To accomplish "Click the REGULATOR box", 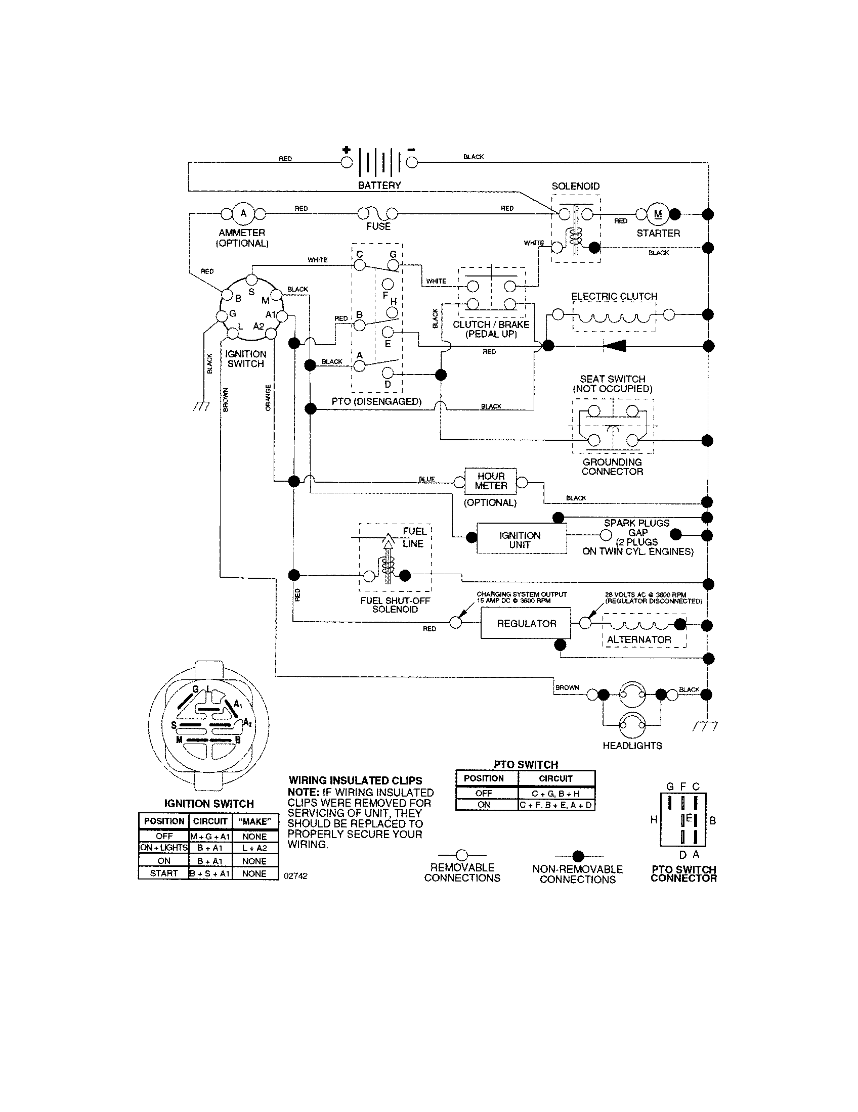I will [526, 623].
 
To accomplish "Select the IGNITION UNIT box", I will [521, 540].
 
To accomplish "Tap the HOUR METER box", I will [491, 481].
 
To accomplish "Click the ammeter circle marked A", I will [243, 213].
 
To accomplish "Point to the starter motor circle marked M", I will [658, 214].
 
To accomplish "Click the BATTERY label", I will [379, 186].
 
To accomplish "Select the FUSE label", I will [378, 226].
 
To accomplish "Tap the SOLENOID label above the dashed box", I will [576, 187].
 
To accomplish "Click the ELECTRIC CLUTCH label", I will [614, 296].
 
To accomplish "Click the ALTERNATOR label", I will [639, 639].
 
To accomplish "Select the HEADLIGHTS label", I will [632, 746].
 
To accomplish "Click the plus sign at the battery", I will [347, 150].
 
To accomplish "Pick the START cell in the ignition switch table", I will [164, 873].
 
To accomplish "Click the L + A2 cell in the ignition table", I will [255, 848].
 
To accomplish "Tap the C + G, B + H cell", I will [556, 794].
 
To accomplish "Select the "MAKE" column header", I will [255, 821].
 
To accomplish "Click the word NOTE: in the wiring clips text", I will [304, 793].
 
